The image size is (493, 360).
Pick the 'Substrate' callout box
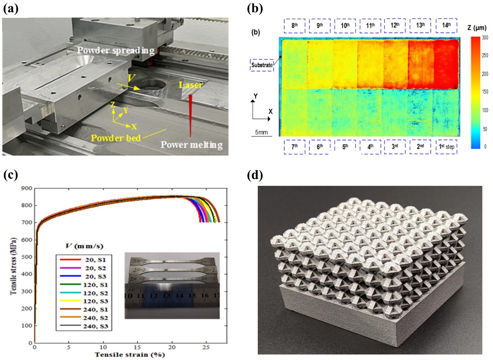[262, 65]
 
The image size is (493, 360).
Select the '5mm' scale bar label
[261, 133]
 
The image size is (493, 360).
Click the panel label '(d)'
[255, 176]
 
